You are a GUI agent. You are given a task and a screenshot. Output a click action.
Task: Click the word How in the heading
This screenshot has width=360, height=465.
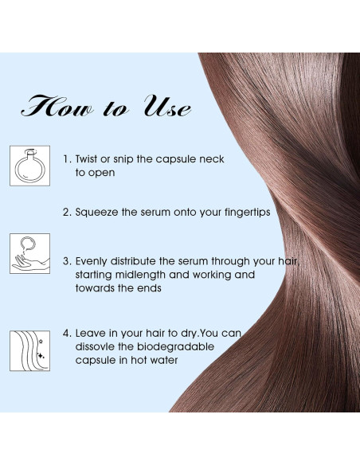(x=58, y=107)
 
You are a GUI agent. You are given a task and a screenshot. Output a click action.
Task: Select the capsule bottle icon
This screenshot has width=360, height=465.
(x=29, y=166)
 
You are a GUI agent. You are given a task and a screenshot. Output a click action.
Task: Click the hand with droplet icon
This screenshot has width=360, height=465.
(x=29, y=254)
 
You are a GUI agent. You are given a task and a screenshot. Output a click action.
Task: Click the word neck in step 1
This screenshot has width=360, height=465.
(x=209, y=159)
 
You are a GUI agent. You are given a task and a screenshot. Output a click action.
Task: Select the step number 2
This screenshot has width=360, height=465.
(x=66, y=213)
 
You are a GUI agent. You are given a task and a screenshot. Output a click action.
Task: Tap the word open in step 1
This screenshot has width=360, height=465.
(x=104, y=172)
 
